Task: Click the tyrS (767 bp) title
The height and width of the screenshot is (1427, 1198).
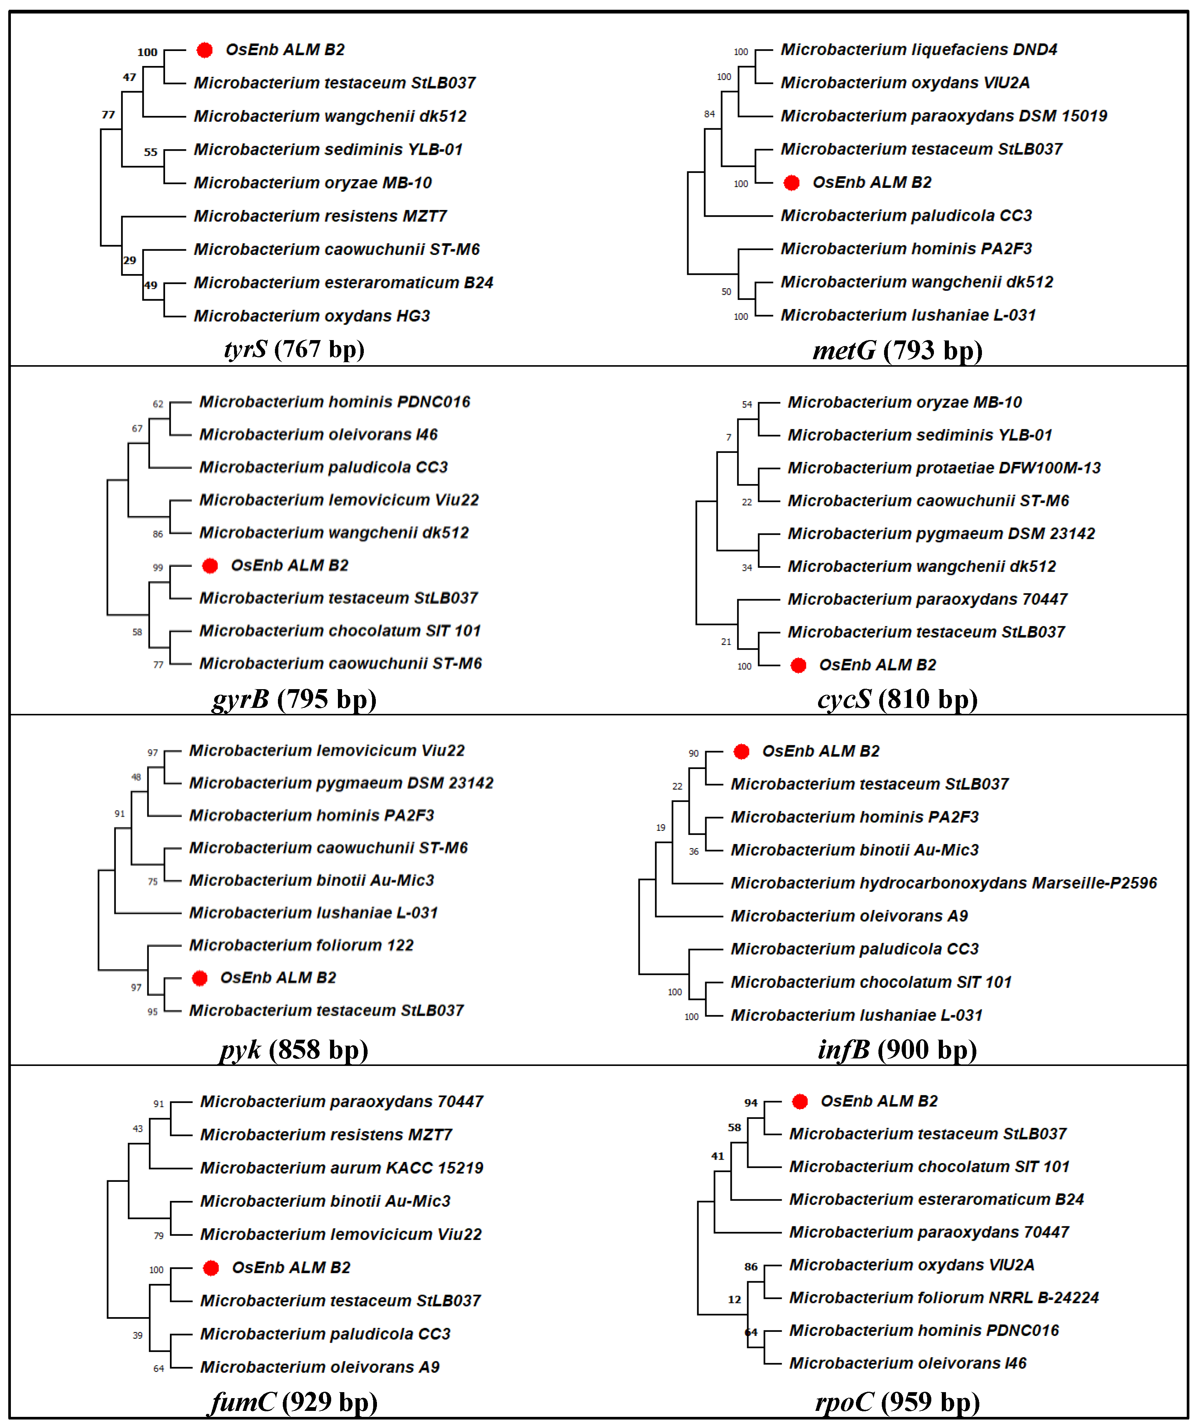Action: pyautogui.click(x=294, y=349)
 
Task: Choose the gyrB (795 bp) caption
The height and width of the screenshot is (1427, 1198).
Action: pyautogui.click(x=294, y=699)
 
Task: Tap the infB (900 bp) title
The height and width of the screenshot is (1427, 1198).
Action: pyautogui.click(x=898, y=1050)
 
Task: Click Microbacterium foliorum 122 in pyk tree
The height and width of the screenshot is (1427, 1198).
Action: pyautogui.click(x=301, y=945)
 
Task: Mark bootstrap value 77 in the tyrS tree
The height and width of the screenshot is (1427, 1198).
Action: pyautogui.click(x=108, y=115)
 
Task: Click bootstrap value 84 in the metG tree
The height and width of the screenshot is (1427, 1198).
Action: pyautogui.click(x=709, y=114)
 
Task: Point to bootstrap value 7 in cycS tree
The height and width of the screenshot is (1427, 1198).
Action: pyautogui.click(x=729, y=438)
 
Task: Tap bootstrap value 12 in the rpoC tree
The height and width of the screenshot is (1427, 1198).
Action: pyautogui.click(x=734, y=1300)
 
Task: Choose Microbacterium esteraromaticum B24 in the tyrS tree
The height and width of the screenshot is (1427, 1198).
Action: pyautogui.click(x=343, y=283)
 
